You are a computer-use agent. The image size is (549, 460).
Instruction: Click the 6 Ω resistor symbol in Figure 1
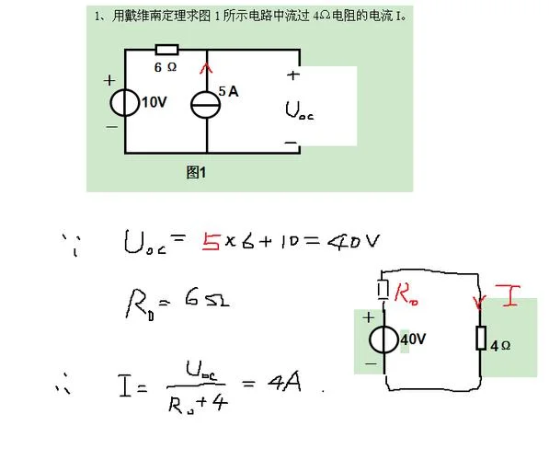[167, 50]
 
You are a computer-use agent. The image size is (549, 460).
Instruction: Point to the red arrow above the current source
[206, 68]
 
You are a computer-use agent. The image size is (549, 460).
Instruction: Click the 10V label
[154, 102]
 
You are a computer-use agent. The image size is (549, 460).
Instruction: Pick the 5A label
[228, 91]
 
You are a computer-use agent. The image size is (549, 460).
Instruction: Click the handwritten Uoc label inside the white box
[299, 110]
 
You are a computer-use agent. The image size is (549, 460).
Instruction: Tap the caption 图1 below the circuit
[196, 172]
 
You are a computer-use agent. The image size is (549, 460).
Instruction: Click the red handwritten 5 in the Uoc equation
[211, 242]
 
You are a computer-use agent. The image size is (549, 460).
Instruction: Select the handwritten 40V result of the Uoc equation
[353, 241]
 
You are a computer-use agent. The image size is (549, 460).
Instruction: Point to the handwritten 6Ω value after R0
[207, 298]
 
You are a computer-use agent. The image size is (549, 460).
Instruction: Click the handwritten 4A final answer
[284, 382]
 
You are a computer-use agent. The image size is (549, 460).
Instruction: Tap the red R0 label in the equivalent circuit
[406, 293]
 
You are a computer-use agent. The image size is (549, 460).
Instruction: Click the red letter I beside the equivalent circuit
[508, 296]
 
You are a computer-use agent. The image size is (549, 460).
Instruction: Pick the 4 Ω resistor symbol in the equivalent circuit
[481, 338]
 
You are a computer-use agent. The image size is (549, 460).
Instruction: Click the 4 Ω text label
[500, 346]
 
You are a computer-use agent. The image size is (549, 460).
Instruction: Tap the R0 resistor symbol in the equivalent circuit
[383, 290]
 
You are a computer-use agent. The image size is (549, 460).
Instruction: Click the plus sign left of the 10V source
[109, 80]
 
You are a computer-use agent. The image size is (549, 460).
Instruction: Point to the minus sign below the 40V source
[371, 363]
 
